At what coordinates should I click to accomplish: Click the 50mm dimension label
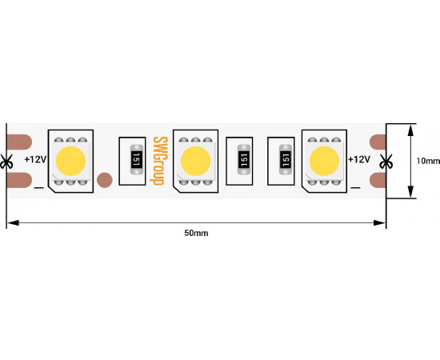point(196,233)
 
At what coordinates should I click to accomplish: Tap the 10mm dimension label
point(428,161)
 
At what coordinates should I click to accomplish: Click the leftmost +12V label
point(35,159)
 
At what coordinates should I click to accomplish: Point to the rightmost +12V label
point(359,159)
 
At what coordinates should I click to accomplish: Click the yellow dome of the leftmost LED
point(70,161)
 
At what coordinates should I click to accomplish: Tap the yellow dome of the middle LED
point(195,161)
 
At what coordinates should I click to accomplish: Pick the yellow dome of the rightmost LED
point(324,161)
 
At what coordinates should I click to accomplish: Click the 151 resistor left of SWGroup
point(137,160)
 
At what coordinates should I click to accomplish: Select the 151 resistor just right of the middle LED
point(243,160)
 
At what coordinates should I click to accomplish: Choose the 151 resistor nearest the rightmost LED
point(286,160)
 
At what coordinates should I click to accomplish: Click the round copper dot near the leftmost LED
point(105,180)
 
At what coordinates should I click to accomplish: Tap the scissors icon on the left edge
point(6,162)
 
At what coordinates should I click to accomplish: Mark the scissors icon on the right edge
point(386,162)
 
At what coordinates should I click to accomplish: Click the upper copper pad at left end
point(19,142)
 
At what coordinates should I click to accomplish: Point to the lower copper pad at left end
point(19,180)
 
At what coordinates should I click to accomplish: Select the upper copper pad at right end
point(378,142)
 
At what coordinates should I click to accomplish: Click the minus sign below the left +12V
point(38,187)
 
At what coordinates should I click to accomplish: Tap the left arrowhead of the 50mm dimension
point(13,222)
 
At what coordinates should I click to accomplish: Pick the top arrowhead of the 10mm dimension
point(410,130)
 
